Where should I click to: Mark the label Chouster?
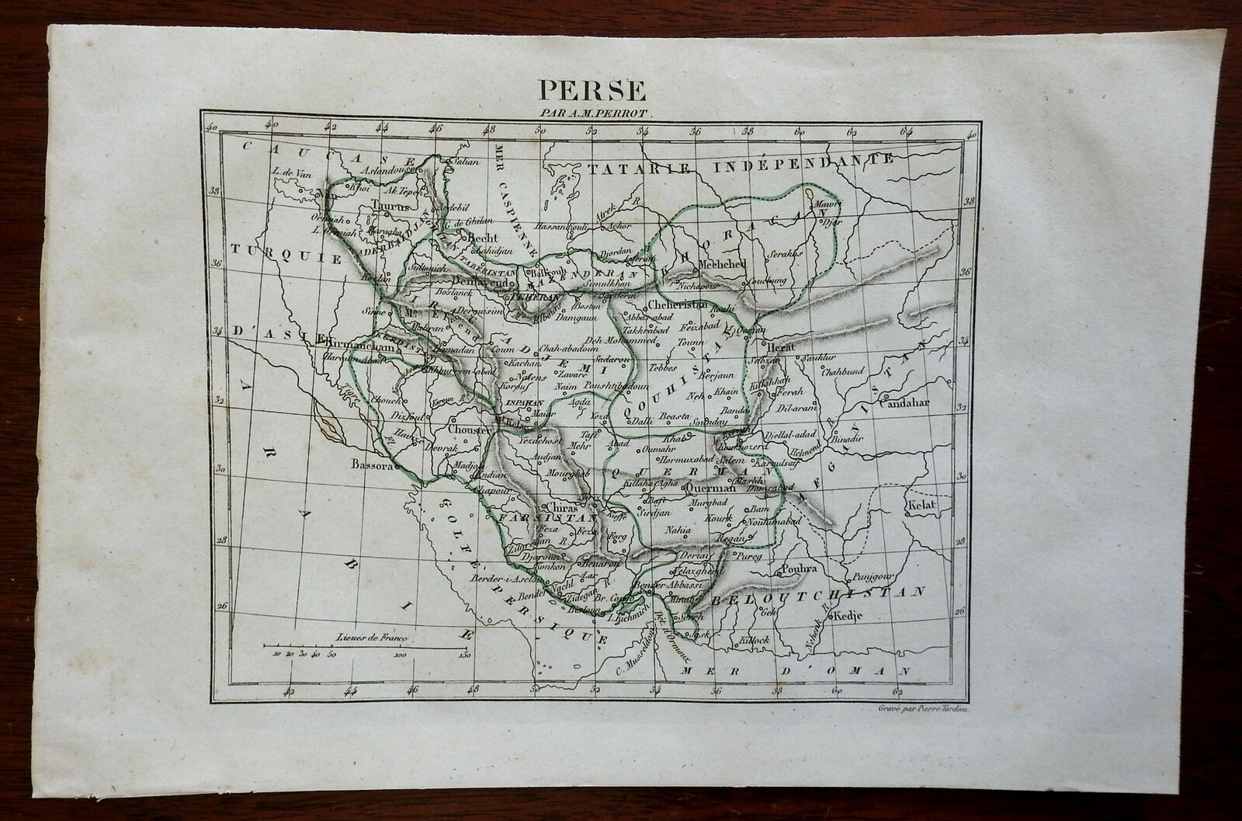[x=467, y=429]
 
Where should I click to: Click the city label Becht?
[x=481, y=238]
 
